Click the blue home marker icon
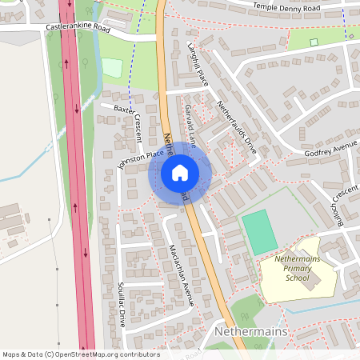(x=179, y=173)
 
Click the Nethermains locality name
(x=252, y=330)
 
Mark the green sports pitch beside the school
(x=259, y=231)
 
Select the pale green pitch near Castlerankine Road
(x=113, y=68)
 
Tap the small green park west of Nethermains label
(x=245, y=309)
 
